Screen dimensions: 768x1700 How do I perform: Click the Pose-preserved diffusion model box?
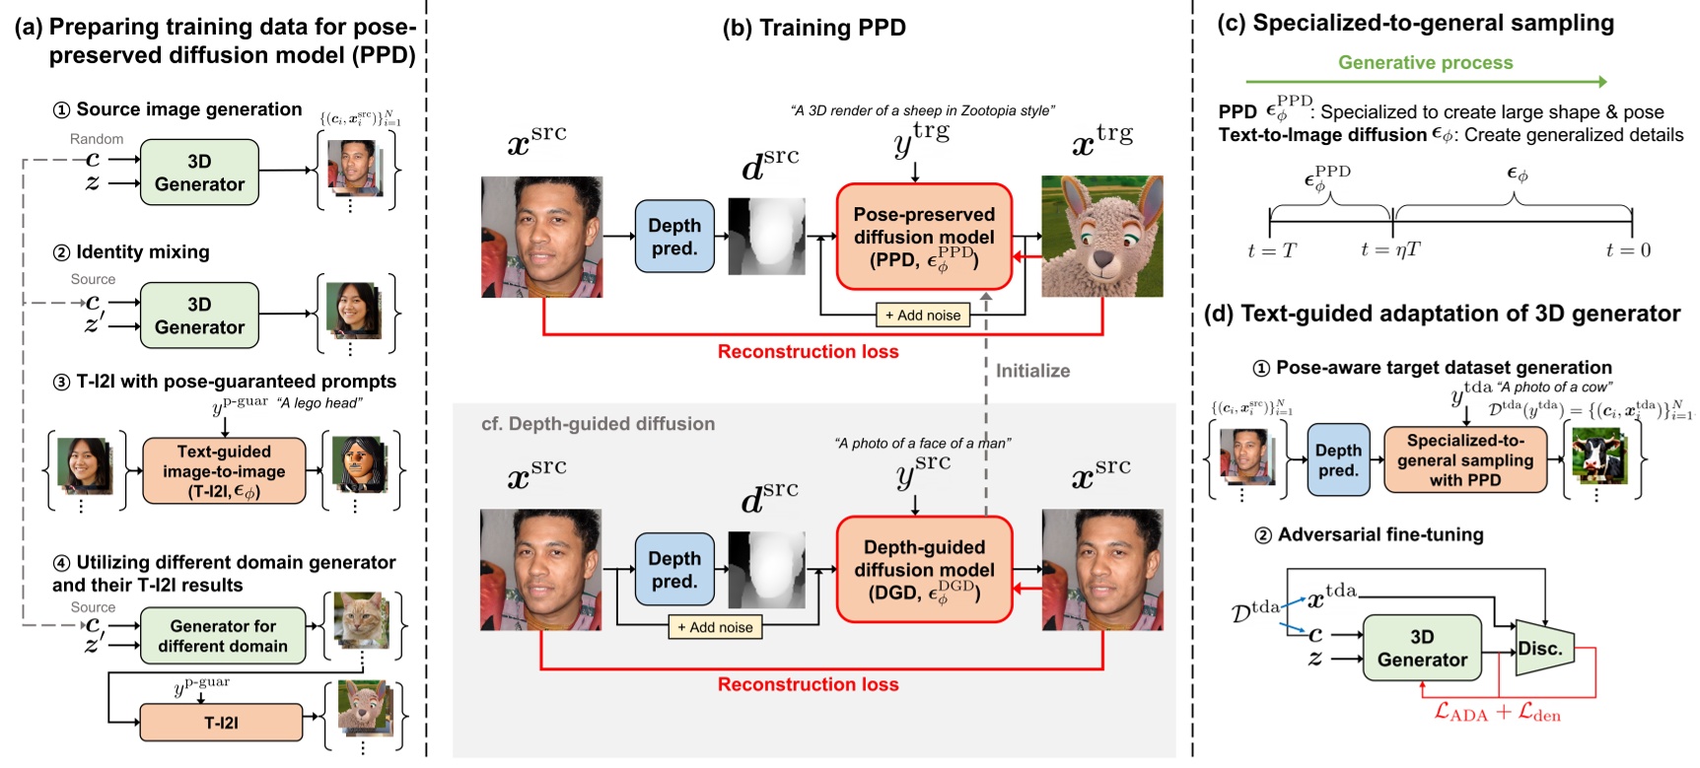[924, 237]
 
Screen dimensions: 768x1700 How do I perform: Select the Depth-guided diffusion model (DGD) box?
[924, 570]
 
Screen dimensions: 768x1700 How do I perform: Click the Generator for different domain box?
[223, 636]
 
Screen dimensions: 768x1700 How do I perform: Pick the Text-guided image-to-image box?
[224, 471]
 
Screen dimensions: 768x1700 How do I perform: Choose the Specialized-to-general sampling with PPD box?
[1464, 460]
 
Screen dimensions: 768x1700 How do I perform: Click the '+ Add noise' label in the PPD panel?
[923, 315]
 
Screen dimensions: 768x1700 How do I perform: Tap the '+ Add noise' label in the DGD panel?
[715, 627]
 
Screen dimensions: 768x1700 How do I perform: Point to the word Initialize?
[1032, 371]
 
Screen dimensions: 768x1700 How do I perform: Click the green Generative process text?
[1425, 63]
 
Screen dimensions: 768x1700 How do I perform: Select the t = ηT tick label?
[1390, 250]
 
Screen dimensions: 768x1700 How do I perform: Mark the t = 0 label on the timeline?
[1628, 250]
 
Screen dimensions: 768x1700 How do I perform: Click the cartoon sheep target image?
[1102, 237]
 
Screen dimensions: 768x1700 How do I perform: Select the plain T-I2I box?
[221, 723]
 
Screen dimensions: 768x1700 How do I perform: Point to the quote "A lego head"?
[319, 402]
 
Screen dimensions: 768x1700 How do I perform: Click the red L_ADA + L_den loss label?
[1497, 713]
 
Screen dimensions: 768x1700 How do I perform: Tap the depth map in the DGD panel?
[766, 570]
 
